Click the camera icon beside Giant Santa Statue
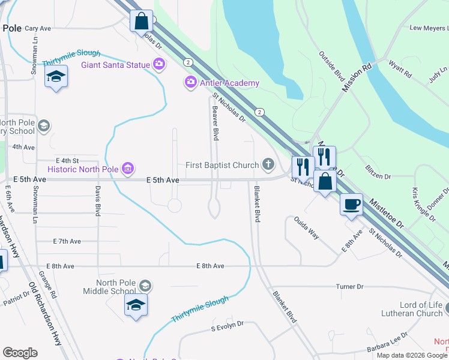pyautogui.click(x=159, y=64)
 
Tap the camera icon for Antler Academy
pyautogui.click(x=191, y=82)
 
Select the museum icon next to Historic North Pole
pyautogui.click(x=127, y=169)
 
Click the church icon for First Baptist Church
pyautogui.click(x=268, y=164)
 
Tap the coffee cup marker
pyautogui.click(x=351, y=205)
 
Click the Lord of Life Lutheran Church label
pyautogui.click(x=412, y=309)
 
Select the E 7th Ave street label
pyautogui.click(x=67, y=241)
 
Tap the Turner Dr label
pyautogui.click(x=350, y=287)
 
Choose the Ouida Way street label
pyautogui.click(x=306, y=228)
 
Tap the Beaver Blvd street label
pyautogui.click(x=214, y=121)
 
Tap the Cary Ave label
pyautogui.click(x=37, y=28)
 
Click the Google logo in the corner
pyautogui.click(x=20, y=353)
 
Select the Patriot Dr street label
pyautogui.click(x=16, y=298)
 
